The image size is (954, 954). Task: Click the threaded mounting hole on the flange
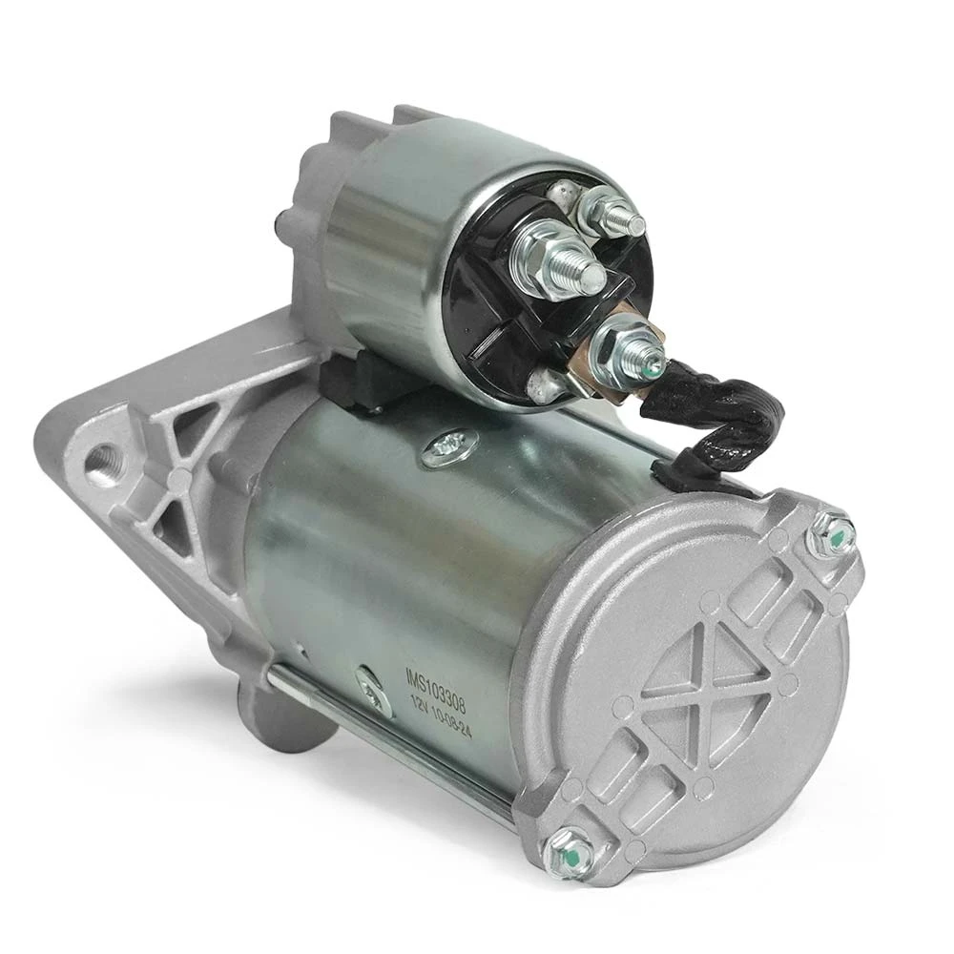[104, 460]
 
